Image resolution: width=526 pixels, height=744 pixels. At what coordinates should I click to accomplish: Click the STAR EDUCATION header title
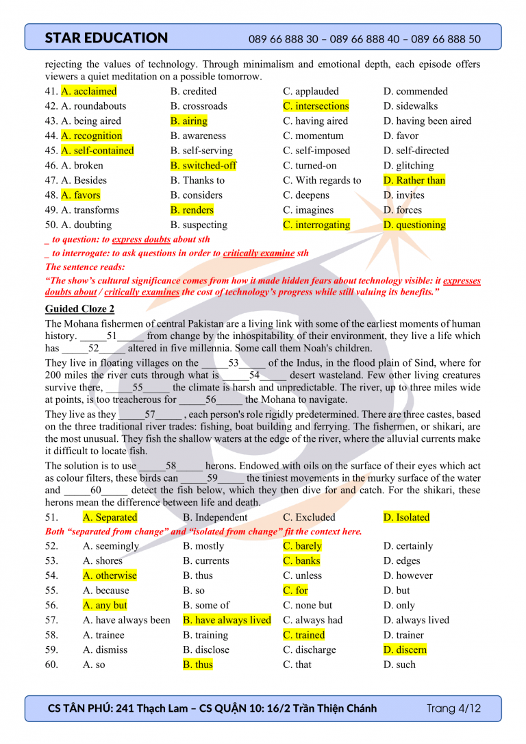click(106, 38)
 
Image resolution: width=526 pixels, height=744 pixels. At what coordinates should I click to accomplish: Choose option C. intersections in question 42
click(316, 106)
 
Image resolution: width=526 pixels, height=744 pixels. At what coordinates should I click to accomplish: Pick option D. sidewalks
click(410, 106)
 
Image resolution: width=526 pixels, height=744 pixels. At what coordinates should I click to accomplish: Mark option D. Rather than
click(414, 180)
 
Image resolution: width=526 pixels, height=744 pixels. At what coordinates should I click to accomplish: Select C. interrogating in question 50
click(316, 225)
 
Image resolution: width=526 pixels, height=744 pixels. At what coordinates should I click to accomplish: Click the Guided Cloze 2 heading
click(79, 309)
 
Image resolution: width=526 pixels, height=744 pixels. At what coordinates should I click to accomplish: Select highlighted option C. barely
click(302, 546)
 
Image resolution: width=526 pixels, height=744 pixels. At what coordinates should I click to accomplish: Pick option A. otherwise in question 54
click(110, 575)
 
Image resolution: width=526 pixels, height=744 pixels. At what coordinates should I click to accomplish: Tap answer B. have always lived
click(227, 620)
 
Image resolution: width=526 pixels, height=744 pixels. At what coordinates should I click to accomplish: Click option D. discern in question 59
click(405, 649)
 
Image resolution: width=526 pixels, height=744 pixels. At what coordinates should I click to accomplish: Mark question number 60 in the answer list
click(51, 665)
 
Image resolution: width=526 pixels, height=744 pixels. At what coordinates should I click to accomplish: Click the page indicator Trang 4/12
click(453, 708)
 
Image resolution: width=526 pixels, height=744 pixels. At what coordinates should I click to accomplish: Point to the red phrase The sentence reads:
click(85, 267)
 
